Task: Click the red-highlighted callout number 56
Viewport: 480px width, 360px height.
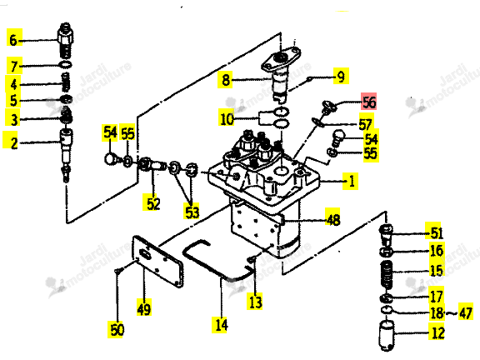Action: click(x=369, y=102)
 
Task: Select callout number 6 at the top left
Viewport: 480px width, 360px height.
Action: click(x=13, y=40)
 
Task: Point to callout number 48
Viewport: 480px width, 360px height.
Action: click(x=333, y=219)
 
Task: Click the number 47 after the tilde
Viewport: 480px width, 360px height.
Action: click(x=466, y=313)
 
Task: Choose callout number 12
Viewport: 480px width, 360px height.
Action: click(x=437, y=332)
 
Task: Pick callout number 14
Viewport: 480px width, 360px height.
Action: click(x=222, y=324)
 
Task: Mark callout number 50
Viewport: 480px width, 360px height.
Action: click(x=117, y=330)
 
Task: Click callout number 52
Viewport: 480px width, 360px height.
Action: click(x=153, y=204)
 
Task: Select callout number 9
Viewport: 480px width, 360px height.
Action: click(x=341, y=77)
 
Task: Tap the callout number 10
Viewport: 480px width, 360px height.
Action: click(x=227, y=119)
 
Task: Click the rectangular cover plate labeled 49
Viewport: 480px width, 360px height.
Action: click(x=157, y=262)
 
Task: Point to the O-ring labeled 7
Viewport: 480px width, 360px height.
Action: click(x=65, y=65)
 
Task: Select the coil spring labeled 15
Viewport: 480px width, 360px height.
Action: click(x=387, y=274)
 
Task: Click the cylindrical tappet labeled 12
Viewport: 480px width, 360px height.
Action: click(x=387, y=335)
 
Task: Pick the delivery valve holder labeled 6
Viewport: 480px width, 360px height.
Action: click(x=65, y=40)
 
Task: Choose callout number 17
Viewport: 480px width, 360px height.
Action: click(x=437, y=297)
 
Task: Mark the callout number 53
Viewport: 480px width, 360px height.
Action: click(x=192, y=212)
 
